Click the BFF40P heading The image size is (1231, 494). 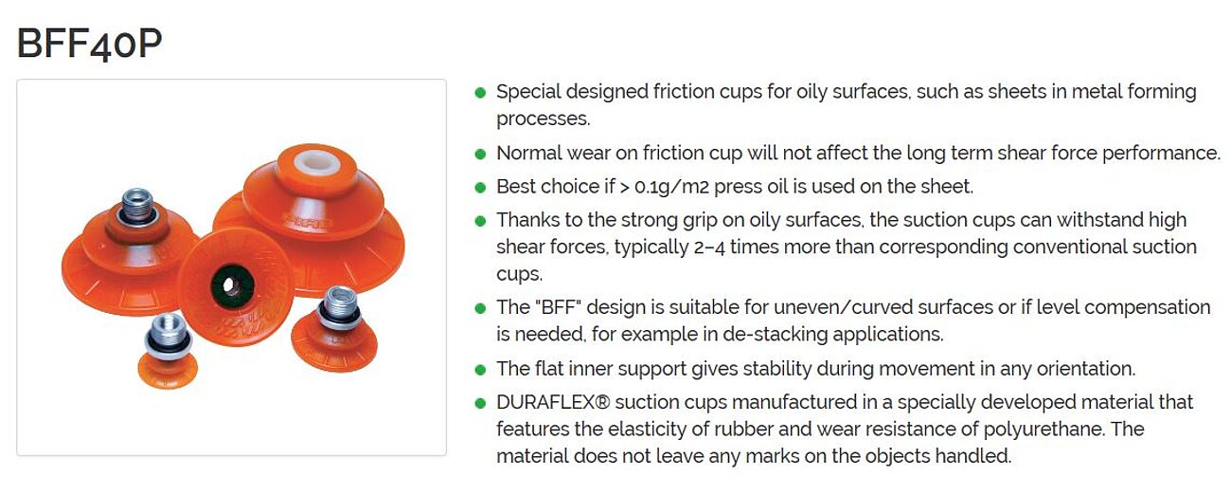coord(90,44)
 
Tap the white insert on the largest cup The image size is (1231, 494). coord(317,162)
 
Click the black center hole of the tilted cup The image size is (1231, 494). coord(231,285)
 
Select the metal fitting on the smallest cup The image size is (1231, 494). coord(169,336)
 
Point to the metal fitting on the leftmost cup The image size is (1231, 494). coord(137,207)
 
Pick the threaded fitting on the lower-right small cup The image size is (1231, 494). coord(341,308)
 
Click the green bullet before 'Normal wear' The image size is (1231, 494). coord(480,154)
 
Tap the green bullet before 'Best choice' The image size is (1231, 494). coord(480,188)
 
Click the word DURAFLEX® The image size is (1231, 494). coord(553,402)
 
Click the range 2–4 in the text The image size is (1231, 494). coord(709,247)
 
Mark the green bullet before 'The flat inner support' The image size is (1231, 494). coord(480,370)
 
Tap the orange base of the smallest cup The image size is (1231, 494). coord(167,372)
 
